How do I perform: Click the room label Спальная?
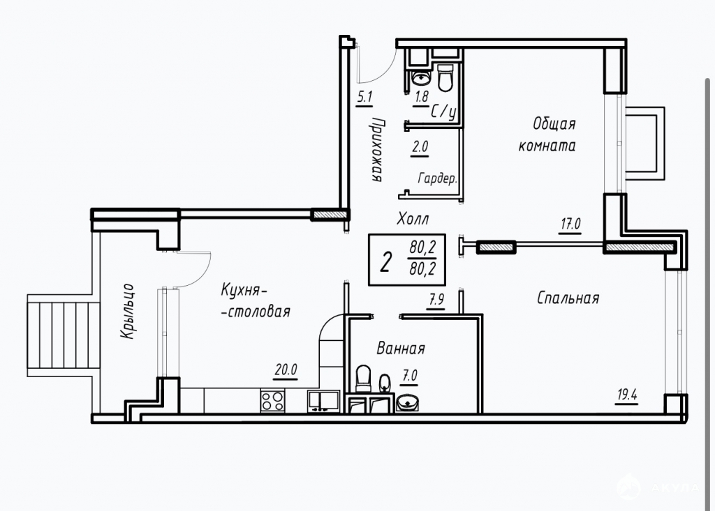(568, 298)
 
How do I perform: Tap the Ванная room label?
(401, 349)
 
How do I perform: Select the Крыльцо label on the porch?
(128, 312)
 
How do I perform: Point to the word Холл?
(413, 219)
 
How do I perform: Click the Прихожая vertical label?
(378, 149)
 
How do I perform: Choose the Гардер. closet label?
(437, 178)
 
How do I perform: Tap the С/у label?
(443, 112)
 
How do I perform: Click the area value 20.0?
(286, 369)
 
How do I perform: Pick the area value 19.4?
(627, 395)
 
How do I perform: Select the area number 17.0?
(570, 224)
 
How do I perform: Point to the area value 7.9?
(436, 300)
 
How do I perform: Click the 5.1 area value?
(364, 97)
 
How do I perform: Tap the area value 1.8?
(421, 96)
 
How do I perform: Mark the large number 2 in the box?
(385, 262)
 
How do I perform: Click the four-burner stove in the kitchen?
(273, 401)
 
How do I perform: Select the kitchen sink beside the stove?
(323, 402)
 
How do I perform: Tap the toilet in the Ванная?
(363, 379)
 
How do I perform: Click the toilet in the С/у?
(445, 78)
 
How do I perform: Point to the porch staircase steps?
(63, 335)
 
